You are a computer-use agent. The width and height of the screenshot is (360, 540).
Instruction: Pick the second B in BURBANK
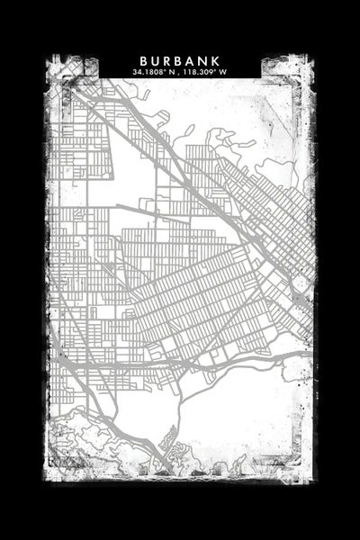coord(179,60)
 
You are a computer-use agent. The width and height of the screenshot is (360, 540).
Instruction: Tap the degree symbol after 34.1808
coord(164,70)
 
